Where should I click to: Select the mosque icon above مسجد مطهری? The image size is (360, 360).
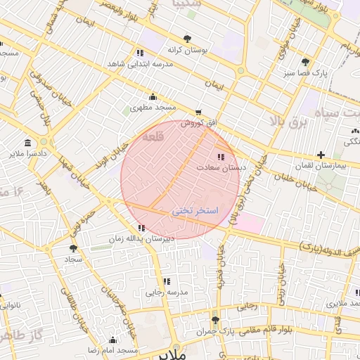coord(153,96)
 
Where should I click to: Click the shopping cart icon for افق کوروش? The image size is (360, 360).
coord(198,112)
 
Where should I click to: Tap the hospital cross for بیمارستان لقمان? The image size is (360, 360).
coord(321,154)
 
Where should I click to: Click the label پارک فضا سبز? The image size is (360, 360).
coord(306,73)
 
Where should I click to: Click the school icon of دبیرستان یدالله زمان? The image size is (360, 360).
coord(142,228)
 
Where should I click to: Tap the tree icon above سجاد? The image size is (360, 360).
coord(74,248)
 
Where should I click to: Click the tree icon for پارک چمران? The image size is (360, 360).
coord(215,319)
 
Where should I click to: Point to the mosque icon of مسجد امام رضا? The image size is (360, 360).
coord(112,340)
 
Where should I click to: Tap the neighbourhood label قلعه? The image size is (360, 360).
coord(153,138)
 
